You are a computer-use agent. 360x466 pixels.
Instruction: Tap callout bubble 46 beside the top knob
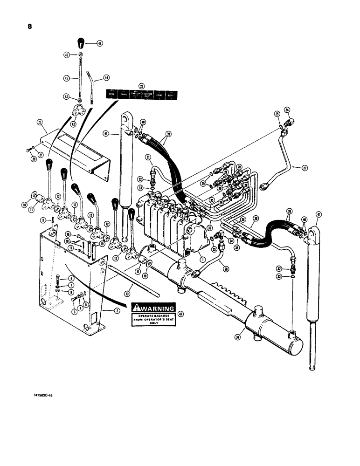[99, 43]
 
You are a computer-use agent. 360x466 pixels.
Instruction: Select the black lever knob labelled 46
[81, 43]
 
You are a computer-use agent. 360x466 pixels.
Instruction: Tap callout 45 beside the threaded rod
[66, 78]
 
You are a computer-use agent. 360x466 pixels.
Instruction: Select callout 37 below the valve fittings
[210, 228]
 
